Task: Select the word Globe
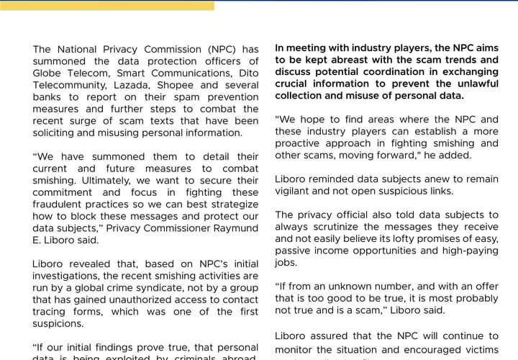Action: coord(48,73)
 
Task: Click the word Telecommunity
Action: coord(68,85)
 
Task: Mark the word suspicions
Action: coord(62,323)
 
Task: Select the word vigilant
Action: coord(295,191)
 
